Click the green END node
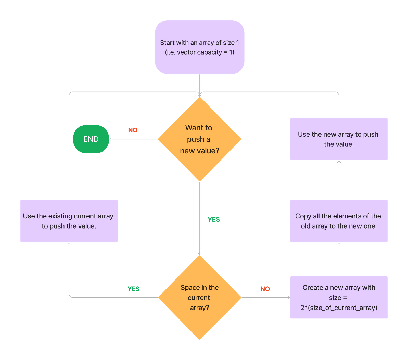pos(91,139)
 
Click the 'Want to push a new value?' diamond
pos(199,139)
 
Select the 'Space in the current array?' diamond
pos(199,297)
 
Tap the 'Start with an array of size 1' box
pos(199,47)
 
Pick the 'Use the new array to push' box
pos(339,139)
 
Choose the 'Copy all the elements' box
pos(339,221)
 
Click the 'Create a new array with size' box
pos(339,297)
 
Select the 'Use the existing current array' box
pos(69,221)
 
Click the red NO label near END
pos(133,130)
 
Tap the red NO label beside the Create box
pos(265,289)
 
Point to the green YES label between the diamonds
pos(214,219)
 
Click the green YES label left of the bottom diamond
pos(134,289)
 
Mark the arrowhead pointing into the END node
pos(111,139)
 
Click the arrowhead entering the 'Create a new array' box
pos(288,297)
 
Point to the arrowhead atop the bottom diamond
pos(200,254)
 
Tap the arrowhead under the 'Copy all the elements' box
pos(339,244)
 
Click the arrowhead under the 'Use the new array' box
pos(339,162)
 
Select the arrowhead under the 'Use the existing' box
pos(69,244)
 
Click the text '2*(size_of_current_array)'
pos(339,308)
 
